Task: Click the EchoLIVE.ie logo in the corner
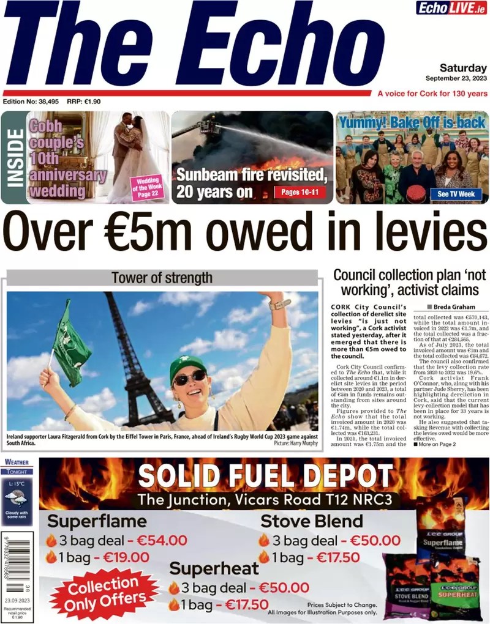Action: click(x=452, y=8)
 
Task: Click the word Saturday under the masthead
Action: click(x=463, y=68)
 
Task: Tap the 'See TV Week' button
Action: click(x=456, y=193)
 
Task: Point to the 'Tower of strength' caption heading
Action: click(x=162, y=278)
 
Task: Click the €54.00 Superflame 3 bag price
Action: click(x=161, y=540)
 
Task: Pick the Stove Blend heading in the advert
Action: click(x=312, y=521)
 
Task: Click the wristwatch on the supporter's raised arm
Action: click(x=279, y=304)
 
